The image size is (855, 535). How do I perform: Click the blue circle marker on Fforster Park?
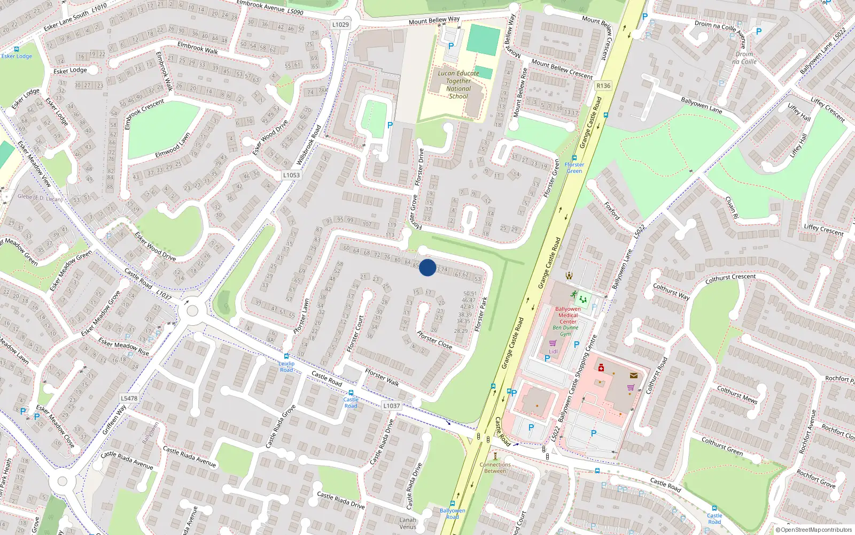pos(428,267)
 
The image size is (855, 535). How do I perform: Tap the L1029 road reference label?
pos(340,25)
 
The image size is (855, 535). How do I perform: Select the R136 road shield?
pos(603,86)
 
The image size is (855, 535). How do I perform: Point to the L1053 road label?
pos(291,175)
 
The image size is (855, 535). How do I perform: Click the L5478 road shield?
pos(129,398)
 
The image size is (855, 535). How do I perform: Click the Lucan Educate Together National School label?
pos(458,85)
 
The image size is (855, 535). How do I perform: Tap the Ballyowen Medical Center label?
pos(568,315)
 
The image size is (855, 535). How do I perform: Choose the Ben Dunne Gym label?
pos(565,331)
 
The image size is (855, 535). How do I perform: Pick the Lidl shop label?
pos(553,351)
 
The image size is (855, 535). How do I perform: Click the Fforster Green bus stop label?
pos(574,167)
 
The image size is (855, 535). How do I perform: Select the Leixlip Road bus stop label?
pos(286,366)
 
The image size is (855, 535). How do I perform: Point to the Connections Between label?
pos(495,468)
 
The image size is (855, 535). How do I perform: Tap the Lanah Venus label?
pos(408,523)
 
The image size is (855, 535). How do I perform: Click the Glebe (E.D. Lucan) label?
pos(40,197)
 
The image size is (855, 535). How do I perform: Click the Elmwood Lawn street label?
pos(172,146)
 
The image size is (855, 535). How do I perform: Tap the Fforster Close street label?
pos(434,340)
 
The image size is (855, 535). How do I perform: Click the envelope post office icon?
pos(634,376)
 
